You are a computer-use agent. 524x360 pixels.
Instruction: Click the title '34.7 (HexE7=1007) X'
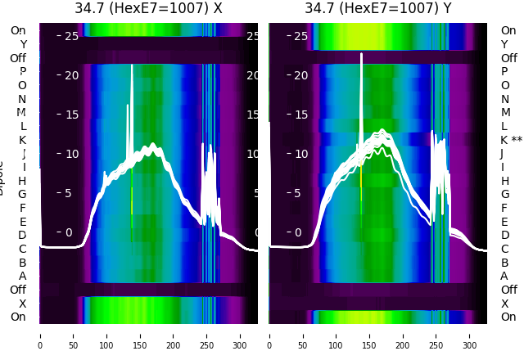coord(148,9)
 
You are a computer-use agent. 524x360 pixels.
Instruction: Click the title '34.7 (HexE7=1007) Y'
coord(378,9)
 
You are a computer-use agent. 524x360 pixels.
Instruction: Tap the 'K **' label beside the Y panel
coord(511,140)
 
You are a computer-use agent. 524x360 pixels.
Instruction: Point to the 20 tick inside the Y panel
coord(300,75)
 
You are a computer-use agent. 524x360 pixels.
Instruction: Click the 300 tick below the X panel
coord(241,335)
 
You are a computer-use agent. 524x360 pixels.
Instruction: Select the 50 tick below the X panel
coord(73,335)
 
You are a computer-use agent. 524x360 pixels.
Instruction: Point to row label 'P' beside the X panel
coord(22,72)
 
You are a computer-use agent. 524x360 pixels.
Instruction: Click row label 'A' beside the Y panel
coord(504,276)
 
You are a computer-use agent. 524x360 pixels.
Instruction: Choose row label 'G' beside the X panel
coord(22,194)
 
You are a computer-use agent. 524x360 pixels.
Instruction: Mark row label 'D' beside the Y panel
coord(504,235)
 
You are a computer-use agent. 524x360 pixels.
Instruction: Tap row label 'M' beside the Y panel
coord(505,113)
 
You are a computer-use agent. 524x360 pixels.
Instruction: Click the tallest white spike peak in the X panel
coord(132,65)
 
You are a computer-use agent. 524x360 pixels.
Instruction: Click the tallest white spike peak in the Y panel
coord(362,55)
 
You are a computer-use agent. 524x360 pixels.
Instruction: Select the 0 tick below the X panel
coord(39,335)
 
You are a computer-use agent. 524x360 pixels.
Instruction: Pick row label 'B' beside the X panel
coord(22,262)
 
